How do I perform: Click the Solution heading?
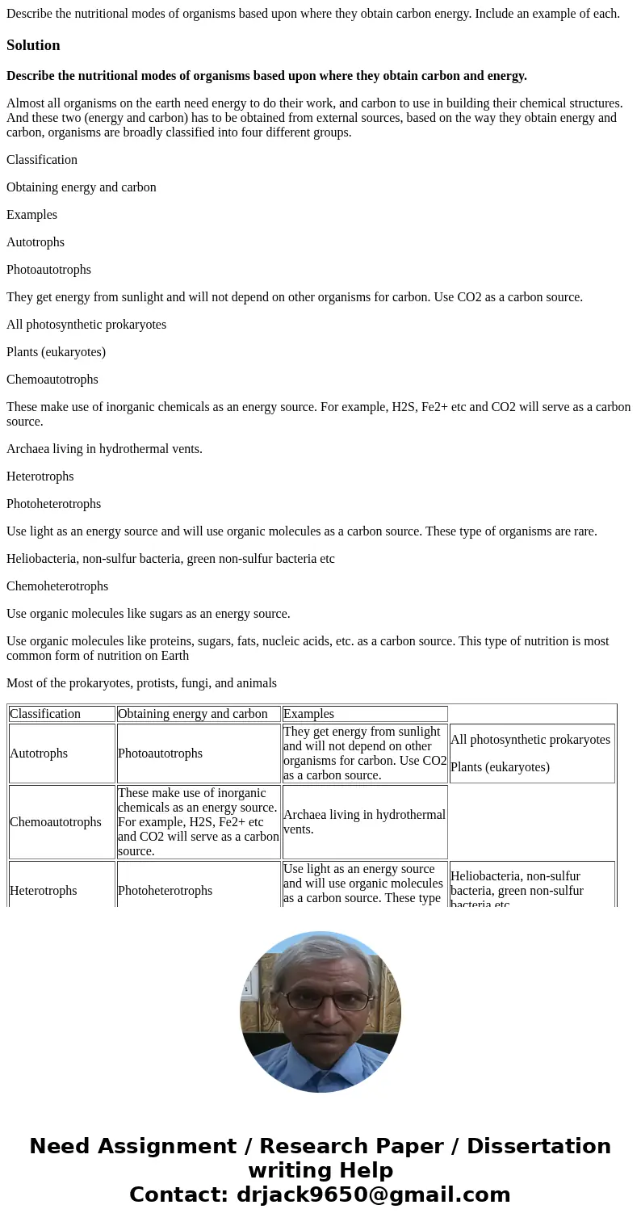pos(33,45)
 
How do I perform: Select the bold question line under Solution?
pos(266,76)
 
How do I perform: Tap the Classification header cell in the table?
pos(61,714)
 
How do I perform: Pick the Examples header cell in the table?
pos(364,714)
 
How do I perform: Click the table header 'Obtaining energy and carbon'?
pos(199,714)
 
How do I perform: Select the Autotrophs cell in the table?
pos(61,754)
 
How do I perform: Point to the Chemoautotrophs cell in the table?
pos(61,822)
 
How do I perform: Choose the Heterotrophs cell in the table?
pos(61,890)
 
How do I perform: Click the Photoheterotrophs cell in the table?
pos(199,890)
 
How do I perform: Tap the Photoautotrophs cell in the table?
pos(199,754)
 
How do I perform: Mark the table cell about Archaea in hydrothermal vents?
pos(364,822)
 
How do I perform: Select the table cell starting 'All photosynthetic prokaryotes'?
pos(531,754)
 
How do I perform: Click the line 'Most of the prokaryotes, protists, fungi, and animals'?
pos(141,683)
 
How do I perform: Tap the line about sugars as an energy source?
pos(148,614)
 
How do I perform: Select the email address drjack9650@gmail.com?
pos(373,1195)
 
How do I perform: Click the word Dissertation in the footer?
pos(538,1147)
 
